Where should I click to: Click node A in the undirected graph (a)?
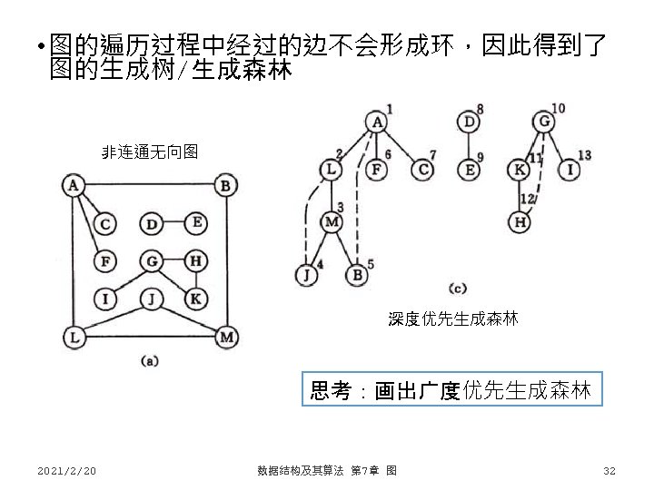click(73, 187)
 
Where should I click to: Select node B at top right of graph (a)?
click(226, 187)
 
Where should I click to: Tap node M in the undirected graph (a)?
click(226, 338)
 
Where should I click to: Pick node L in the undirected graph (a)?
click(73, 338)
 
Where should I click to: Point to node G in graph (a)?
click(152, 262)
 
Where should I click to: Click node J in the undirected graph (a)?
click(152, 298)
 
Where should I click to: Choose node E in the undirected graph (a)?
click(196, 223)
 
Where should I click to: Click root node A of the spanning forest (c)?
click(377, 122)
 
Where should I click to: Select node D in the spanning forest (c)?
click(468, 122)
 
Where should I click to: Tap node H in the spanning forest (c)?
click(519, 221)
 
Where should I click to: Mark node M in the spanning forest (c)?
click(333, 221)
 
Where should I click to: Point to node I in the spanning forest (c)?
click(570, 170)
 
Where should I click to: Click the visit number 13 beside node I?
click(584, 155)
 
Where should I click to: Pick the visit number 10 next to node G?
click(558, 108)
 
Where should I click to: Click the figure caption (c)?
click(457, 288)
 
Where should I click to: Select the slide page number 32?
click(609, 470)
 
